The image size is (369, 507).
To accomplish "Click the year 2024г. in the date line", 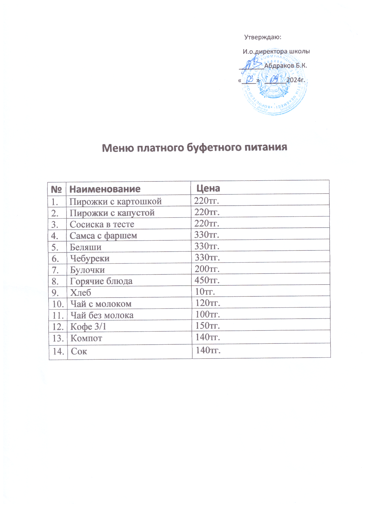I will point(296,80).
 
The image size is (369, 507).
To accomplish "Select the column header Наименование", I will point(105,189).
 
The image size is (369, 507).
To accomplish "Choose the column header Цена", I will point(208,188).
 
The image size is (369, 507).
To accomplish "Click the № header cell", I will point(57,189).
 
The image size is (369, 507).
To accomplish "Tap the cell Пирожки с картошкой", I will point(115,201).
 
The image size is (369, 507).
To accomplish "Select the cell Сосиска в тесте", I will point(102,224).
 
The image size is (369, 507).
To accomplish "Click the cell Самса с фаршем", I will point(103,236).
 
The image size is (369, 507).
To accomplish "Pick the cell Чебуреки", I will point(90,258).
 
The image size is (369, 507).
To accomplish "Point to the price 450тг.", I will point(207,280).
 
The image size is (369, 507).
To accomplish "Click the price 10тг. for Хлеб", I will point(205,291).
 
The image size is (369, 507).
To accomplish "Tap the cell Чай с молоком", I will point(101,304).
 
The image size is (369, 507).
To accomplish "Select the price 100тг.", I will point(208,314).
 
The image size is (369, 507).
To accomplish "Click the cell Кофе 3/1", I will point(88,327).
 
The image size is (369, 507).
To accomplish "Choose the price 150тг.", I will point(208,326).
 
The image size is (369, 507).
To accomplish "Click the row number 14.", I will point(58,352).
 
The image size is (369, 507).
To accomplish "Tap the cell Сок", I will point(79,352).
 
